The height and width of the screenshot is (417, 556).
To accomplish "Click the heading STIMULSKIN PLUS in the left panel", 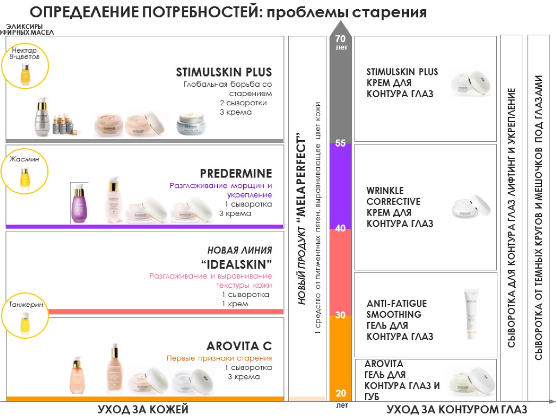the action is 224,72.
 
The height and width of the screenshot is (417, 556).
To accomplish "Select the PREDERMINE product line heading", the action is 236,174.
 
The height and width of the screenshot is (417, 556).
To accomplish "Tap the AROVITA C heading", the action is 239,346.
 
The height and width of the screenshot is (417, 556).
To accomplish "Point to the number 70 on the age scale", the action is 340,39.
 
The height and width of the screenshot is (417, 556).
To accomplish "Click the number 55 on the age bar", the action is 340,144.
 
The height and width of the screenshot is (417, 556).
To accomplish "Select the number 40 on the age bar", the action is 340,229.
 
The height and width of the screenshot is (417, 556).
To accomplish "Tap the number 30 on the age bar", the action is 340,315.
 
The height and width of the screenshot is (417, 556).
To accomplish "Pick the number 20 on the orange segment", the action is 340,393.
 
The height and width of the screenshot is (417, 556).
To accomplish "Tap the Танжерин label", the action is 25,305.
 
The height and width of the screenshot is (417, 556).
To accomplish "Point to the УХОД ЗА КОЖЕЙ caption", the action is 143,409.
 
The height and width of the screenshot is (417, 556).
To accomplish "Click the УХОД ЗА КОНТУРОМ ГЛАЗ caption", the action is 457,409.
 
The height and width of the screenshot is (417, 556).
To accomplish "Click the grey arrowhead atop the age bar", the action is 340,27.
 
